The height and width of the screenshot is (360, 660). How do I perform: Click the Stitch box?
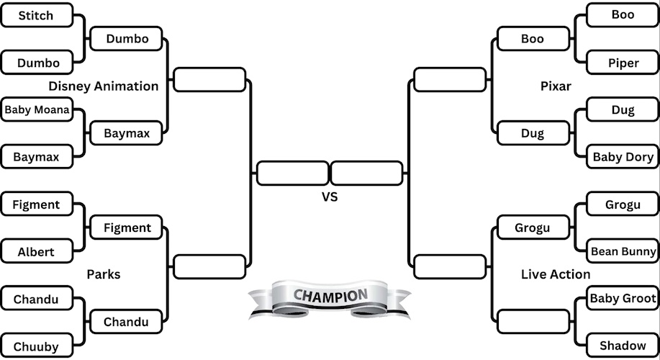[x=37, y=15]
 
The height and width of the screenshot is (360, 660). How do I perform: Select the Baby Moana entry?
[x=37, y=110]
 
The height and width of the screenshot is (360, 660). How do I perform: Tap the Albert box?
[x=37, y=252]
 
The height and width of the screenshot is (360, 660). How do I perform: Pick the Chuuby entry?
[x=37, y=346]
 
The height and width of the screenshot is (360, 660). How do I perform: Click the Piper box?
[x=623, y=63]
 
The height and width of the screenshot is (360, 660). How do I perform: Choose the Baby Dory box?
[x=623, y=157]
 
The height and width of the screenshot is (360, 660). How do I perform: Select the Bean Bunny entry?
[x=623, y=251]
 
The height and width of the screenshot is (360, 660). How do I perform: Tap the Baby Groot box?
[x=623, y=298]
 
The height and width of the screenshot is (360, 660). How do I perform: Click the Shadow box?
[x=623, y=346]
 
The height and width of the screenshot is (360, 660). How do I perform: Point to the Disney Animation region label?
[x=104, y=86]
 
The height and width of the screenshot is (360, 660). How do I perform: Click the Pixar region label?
[x=556, y=86]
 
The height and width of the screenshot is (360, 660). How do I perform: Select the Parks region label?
[x=104, y=274]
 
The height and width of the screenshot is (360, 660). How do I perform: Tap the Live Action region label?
[x=556, y=274]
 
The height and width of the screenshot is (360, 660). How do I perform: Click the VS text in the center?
[x=329, y=196]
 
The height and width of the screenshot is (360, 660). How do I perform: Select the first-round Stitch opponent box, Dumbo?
[x=37, y=63]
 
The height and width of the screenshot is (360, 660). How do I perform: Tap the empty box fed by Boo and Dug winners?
[x=450, y=79]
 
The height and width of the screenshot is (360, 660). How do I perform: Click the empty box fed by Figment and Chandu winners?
[x=209, y=266]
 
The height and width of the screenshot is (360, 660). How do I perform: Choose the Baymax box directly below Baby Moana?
[x=37, y=156]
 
